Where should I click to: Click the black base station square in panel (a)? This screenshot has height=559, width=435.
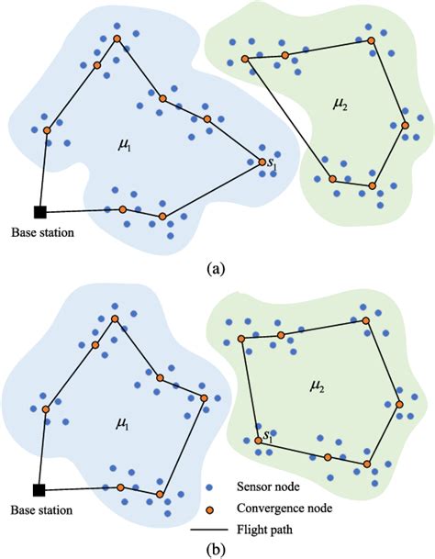39,212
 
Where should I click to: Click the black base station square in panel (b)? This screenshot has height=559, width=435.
39,489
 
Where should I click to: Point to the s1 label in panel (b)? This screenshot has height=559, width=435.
266,432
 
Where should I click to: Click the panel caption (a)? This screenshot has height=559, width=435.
217,268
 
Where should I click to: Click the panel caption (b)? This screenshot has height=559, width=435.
217,548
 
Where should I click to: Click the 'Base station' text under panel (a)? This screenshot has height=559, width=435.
42,232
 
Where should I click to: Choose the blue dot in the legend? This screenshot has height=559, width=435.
209,487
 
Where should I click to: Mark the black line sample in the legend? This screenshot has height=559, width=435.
208,530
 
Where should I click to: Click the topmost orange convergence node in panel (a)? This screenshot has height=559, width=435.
116,39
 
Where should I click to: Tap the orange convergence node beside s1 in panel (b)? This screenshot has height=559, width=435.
258,442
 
